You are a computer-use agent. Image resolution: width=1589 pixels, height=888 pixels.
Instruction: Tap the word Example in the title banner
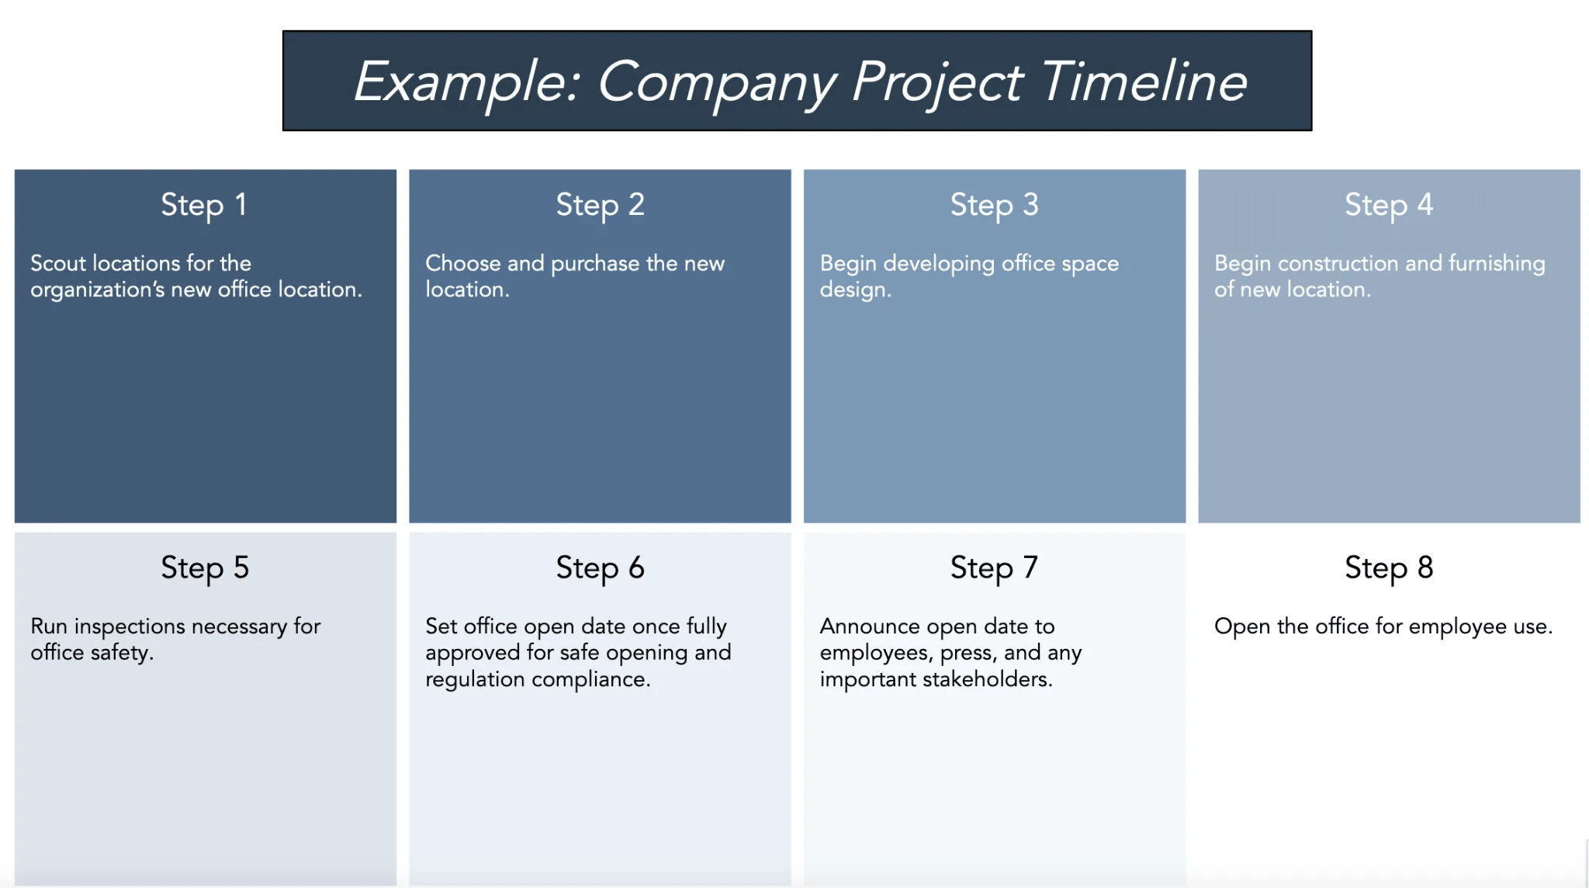pyautogui.click(x=464, y=82)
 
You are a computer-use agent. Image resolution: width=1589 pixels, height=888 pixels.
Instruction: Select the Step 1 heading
pyautogui.click(x=204, y=205)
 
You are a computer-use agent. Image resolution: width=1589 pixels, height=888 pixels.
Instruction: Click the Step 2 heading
pyautogui.click(x=600, y=205)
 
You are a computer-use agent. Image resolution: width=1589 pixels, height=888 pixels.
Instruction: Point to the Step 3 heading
pyautogui.click(x=994, y=205)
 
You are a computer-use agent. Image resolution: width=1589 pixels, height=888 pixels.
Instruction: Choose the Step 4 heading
pyautogui.click(x=1389, y=205)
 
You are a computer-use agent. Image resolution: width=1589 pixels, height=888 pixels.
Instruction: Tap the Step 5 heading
pyautogui.click(x=205, y=568)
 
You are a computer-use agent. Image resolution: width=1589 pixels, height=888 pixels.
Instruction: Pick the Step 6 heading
pyautogui.click(x=600, y=568)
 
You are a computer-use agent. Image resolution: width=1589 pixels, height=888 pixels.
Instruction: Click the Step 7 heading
pyautogui.click(x=994, y=568)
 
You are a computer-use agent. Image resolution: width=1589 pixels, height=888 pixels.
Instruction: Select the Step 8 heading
pyautogui.click(x=1389, y=568)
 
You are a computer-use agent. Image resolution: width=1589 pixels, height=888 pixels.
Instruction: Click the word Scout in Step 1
pyautogui.click(x=58, y=263)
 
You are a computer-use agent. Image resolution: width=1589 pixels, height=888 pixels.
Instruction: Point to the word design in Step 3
pyautogui.click(x=854, y=290)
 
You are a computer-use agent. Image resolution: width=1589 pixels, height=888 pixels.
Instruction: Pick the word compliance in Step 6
pyautogui.click(x=590, y=679)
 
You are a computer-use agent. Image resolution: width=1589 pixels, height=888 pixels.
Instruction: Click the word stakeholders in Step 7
pyautogui.click(x=985, y=679)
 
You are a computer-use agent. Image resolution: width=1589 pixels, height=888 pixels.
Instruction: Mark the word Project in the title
pyautogui.click(x=937, y=82)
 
